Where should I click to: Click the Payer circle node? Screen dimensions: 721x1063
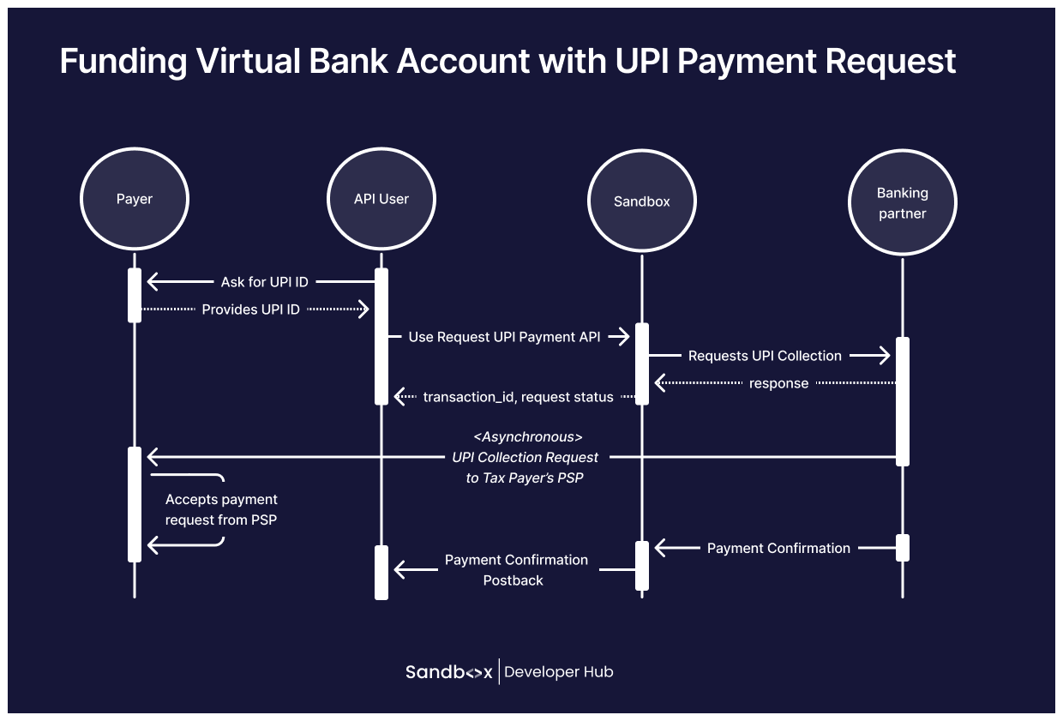(x=135, y=199)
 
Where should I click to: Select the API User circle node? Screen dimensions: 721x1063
(x=381, y=199)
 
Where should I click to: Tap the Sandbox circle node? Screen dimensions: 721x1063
(x=642, y=201)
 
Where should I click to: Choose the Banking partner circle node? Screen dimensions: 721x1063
(x=902, y=203)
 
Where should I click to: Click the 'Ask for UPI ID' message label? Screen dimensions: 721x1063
(x=265, y=281)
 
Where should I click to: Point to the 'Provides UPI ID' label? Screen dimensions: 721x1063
(x=250, y=309)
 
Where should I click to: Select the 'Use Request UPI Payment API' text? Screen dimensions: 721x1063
(x=504, y=337)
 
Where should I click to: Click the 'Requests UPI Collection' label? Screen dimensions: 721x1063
(x=765, y=356)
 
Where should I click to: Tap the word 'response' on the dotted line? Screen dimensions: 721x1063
(x=778, y=383)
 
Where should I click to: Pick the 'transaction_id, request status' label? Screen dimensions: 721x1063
(x=518, y=397)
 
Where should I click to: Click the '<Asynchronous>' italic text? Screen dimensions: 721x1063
(x=528, y=437)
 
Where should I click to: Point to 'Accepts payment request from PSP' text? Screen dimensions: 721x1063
(x=221, y=509)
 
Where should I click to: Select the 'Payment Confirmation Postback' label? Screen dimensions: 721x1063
(x=516, y=570)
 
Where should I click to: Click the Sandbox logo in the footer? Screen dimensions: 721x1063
(x=448, y=672)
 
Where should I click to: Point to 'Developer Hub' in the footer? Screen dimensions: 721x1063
(x=559, y=672)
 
